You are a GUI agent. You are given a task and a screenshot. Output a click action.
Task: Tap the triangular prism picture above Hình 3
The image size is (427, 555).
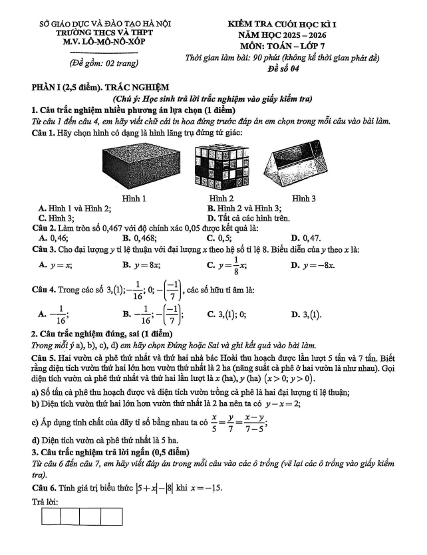(x=303, y=169)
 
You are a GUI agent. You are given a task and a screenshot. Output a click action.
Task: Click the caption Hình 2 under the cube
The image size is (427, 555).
(x=221, y=199)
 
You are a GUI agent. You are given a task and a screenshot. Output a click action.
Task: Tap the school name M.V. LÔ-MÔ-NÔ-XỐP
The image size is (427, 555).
(x=105, y=42)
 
